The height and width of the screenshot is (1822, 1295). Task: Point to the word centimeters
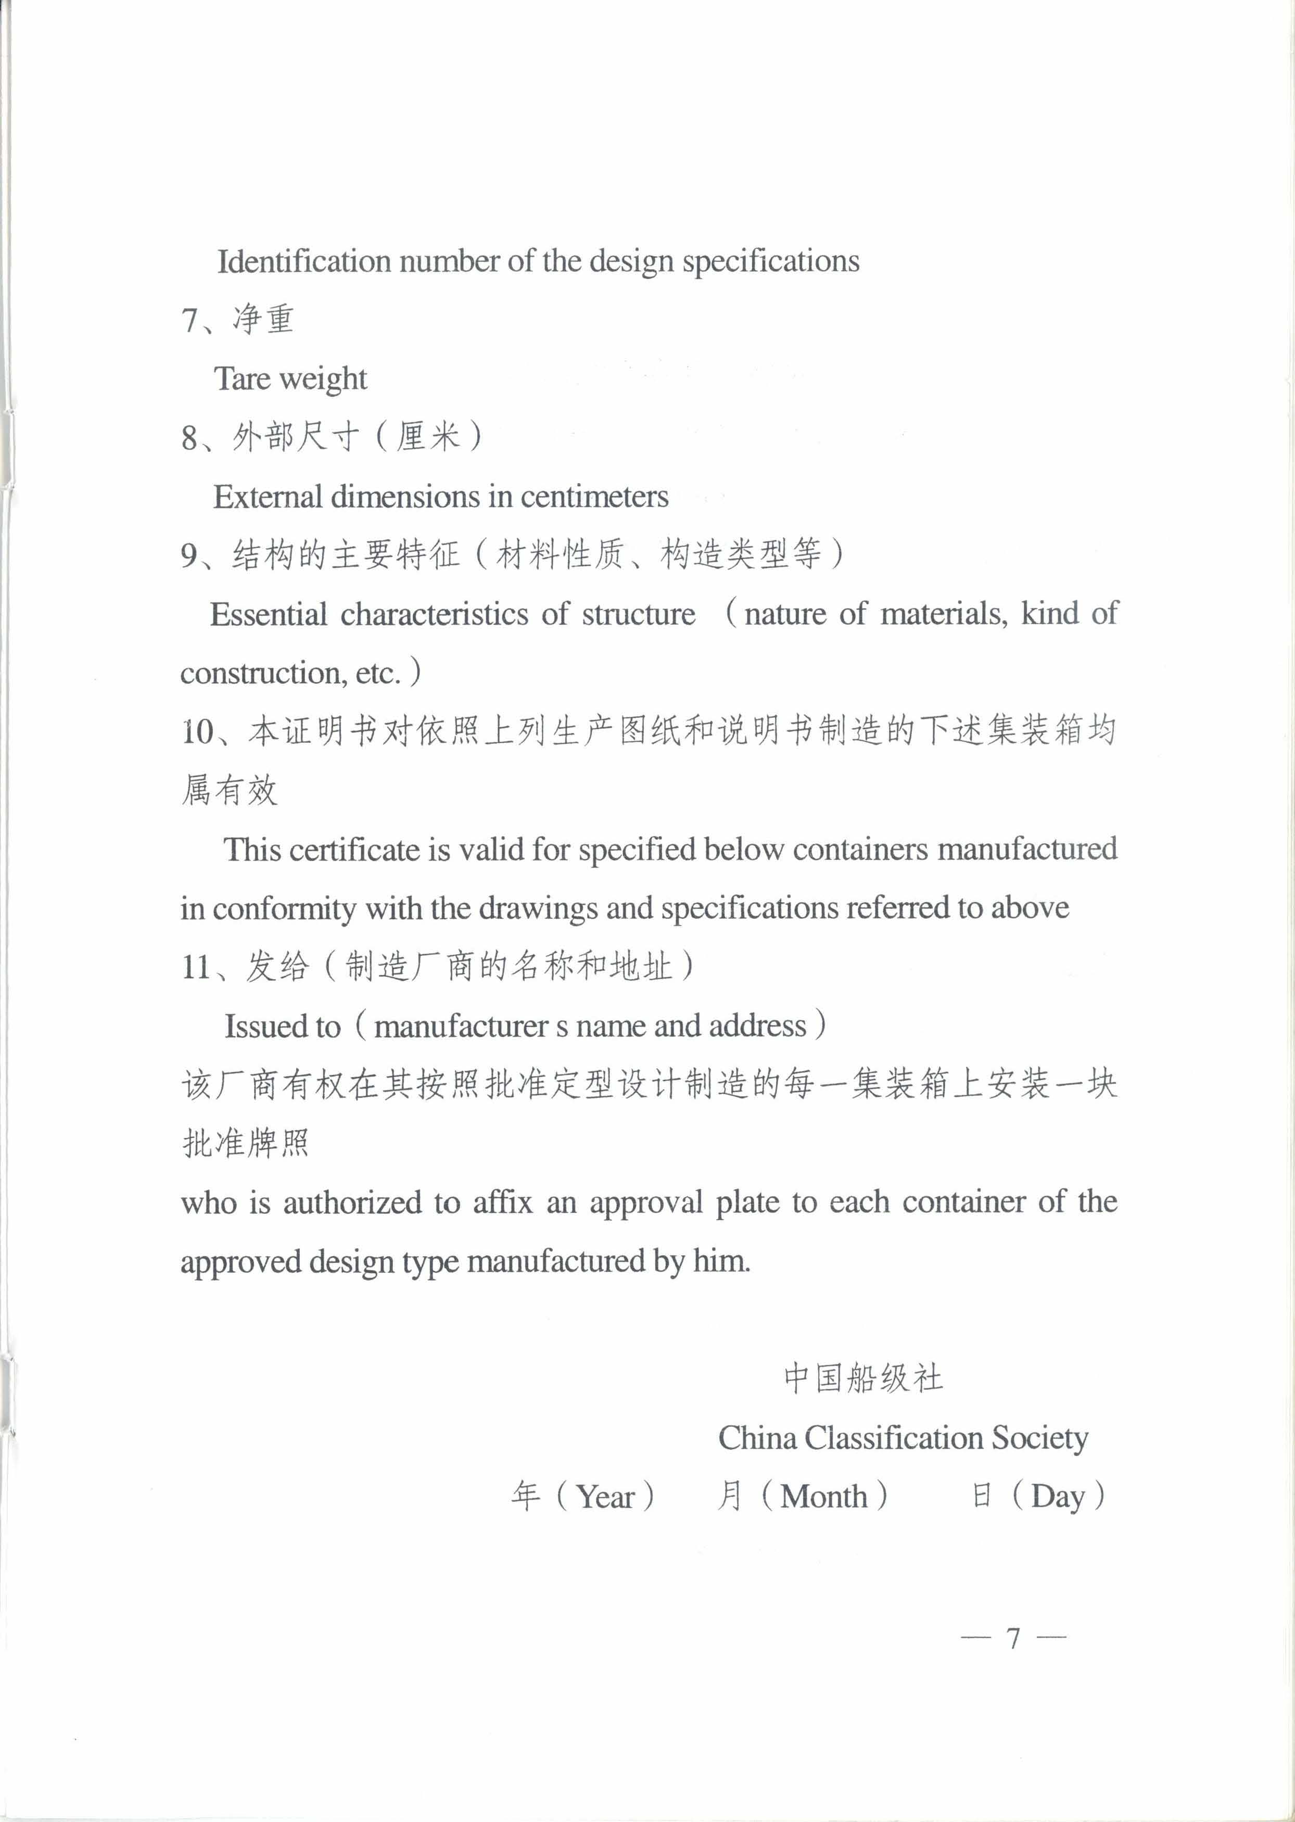click(x=594, y=497)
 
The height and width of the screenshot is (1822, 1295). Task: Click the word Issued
click(x=260, y=1026)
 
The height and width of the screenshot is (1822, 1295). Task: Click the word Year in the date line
click(x=605, y=1497)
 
